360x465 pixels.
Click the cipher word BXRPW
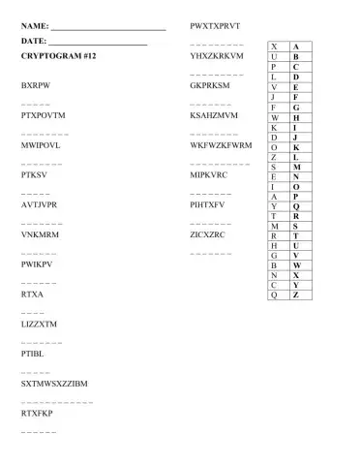35,85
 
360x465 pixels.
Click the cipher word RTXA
31,294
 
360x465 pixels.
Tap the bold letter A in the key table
295,46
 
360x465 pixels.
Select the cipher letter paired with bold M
275,166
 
